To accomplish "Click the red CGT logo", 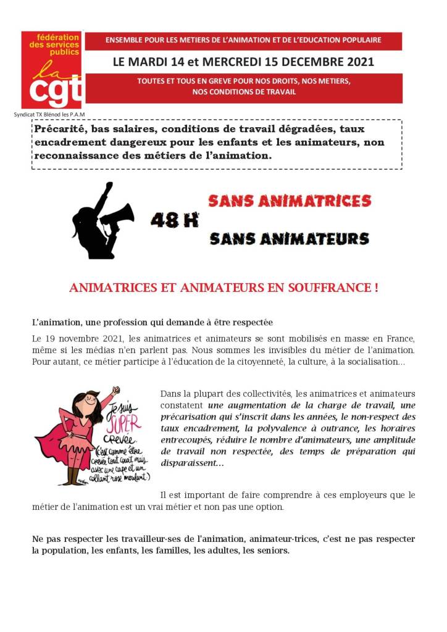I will tap(52, 70).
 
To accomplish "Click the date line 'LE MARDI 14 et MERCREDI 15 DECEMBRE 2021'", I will tap(243, 62).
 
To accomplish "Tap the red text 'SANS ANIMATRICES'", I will tap(290, 201).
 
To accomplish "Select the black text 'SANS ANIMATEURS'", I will tap(290, 238).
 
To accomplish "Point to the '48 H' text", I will tap(175, 220).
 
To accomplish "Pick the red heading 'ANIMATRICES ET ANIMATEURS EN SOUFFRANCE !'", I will tap(223, 288).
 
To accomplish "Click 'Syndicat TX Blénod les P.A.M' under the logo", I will tap(49, 115).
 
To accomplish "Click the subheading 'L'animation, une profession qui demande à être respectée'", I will tap(152, 322).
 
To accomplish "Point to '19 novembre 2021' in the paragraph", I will tap(80, 339).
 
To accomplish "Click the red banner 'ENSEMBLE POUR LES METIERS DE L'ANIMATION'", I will tap(243, 41).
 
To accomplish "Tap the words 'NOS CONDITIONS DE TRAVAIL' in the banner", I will tap(244, 92).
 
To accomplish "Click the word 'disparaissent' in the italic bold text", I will tap(189, 463).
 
